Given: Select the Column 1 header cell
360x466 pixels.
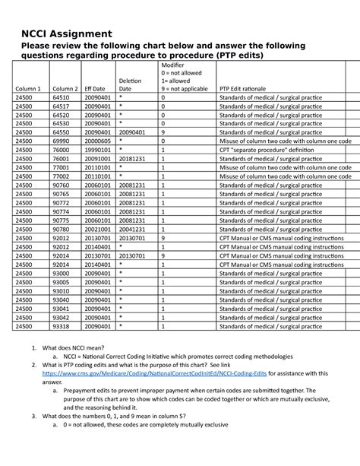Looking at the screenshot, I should (x=28, y=89).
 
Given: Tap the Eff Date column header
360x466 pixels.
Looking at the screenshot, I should (x=95, y=89).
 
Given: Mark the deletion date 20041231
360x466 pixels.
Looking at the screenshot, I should (x=133, y=228).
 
